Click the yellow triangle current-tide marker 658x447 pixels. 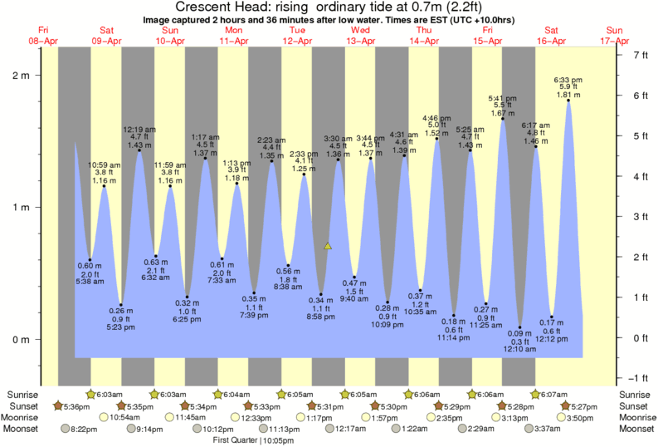[x=328, y=246]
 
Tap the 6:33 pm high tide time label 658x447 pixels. [x=568, y=79]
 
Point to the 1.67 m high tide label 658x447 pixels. [x=503, y=113]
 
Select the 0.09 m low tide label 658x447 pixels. [x=521, y=333]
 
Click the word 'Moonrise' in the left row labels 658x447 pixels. [x=26, y=417]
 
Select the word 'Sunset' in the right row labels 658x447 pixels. [x=632, y=405]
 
